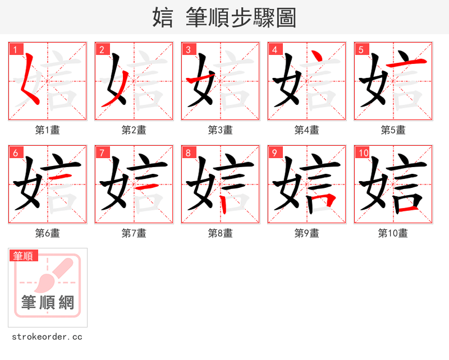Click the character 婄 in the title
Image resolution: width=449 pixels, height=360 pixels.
tap(163, 17)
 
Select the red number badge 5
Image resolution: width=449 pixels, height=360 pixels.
tap(361, 49)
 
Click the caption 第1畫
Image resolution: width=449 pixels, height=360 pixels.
tap(48, 130)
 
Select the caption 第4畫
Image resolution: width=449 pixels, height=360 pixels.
tap(307, 130)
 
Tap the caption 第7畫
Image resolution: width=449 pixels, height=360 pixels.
tap(134, 233)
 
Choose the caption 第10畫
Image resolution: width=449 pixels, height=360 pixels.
tap(393, 233)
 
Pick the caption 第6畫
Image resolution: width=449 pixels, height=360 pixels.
tap(48, 233)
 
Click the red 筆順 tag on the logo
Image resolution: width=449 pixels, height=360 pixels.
tap(24, 256)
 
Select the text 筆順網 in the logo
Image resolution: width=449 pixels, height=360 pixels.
tap(48, 303)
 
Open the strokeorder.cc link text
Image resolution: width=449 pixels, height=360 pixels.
tap(47, 337)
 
